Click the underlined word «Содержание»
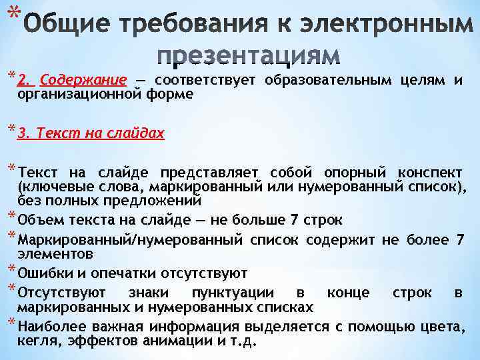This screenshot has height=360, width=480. click(83, 81)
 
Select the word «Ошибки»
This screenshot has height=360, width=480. click(41, 273)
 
